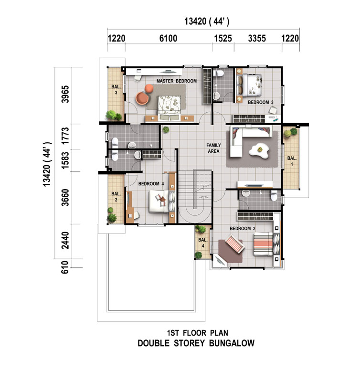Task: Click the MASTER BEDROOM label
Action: click(176, 81)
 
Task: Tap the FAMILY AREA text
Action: click(213, 148)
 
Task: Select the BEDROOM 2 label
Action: click(243, 229)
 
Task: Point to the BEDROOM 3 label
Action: click(260, 102)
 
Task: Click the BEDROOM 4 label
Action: click(151, 184)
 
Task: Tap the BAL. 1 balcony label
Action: click(292, 161)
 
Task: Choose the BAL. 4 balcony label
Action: click(202, 243)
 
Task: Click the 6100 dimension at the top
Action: click(169, 38)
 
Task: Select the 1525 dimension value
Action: click(223, 38)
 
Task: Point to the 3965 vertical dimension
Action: click(65, 94)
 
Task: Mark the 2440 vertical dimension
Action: click(65, 240)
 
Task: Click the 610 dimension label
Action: click(65, 267)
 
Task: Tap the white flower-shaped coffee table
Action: click(259, 151)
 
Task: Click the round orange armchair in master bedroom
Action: click(142, 98)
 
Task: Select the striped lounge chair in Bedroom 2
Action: click(234, 244)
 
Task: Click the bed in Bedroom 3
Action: click(249, 85)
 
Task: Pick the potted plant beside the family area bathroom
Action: click(166, 129)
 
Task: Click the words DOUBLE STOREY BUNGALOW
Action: click(196, 343)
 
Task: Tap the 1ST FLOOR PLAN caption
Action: click(198, 333)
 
